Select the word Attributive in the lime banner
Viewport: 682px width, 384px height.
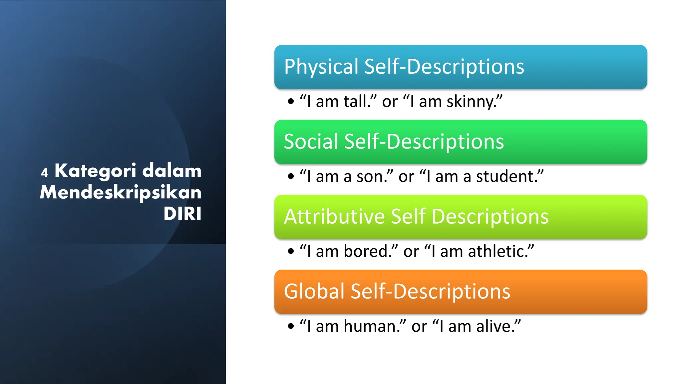pos(334,216)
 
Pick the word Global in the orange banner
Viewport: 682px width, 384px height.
pos(314,291)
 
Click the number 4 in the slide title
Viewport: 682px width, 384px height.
pos(45,172)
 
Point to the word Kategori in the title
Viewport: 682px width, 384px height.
pos(95,171)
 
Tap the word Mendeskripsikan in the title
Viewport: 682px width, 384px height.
pos(121,192)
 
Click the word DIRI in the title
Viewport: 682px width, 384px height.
pos(182,214)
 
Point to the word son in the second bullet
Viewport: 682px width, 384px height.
pos(369,177)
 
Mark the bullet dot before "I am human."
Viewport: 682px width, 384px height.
pos(291,326)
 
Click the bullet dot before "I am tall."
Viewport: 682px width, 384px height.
pos(291,101)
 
